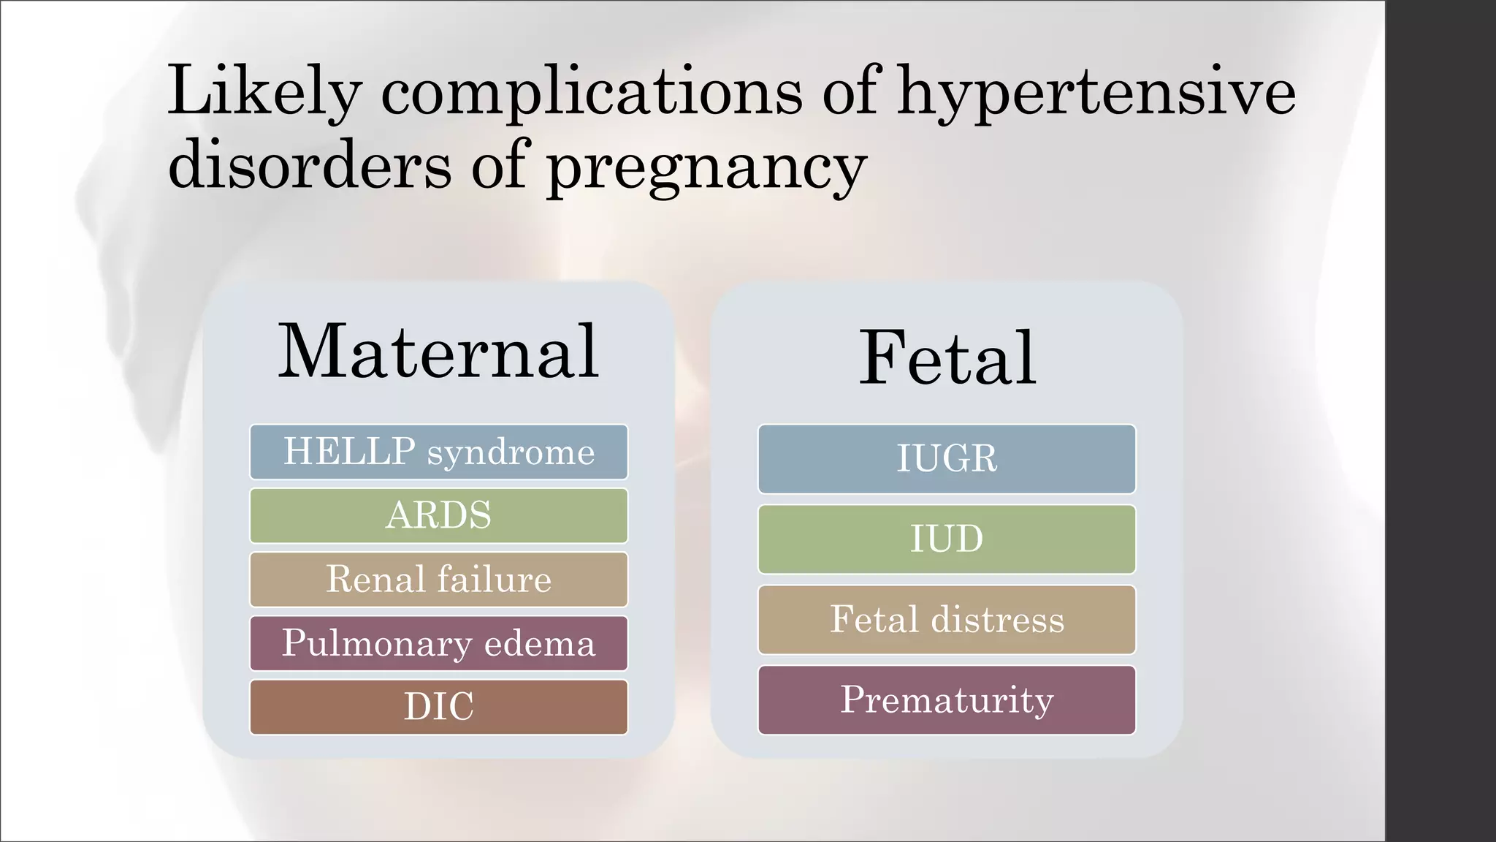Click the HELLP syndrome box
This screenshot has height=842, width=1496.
[x=438, y=452]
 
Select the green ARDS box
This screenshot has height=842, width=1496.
[x=438, y=515]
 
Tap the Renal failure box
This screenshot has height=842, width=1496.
[x=438, y=580]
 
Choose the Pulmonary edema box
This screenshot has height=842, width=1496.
[x=438, y=643]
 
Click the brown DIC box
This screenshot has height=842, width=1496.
[x=438, y=707]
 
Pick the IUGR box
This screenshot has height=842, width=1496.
[x=947, y=459]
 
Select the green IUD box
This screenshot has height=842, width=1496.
[x=947, y=539]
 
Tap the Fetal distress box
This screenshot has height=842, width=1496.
[x=947, y=620]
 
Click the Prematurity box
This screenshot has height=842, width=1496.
[x=947, y=699]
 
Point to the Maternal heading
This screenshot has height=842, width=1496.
[x=438, y=352]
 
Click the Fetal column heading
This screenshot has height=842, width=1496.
[x=947, y=357]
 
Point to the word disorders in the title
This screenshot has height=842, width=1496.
[x=310, y=165]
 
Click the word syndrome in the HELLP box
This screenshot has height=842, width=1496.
[x=511, y=453]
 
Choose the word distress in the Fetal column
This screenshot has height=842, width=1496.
[x=997, y=620]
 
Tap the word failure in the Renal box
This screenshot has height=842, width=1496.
[x=495, y=580]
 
